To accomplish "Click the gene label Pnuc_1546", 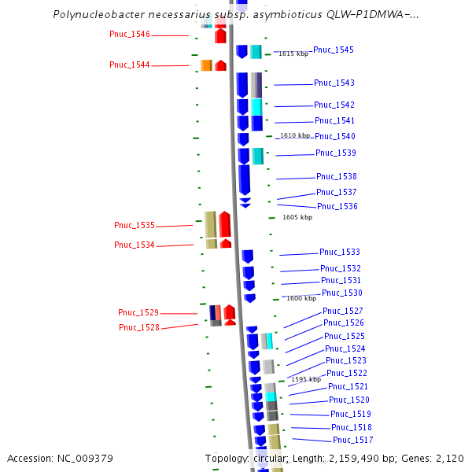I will [129, 35].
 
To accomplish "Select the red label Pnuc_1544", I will [129, 65].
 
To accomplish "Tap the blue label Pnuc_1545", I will [334, 50].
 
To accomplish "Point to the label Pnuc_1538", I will [337, 176].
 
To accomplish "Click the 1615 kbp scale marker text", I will [293, 53].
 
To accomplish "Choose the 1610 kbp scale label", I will [295, 135].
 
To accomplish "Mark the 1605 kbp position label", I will [297, 217].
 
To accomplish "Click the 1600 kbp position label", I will [301, 298].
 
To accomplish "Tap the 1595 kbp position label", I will [306, 379].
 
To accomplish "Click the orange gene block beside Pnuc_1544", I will [206, 65].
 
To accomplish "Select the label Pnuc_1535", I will [135, 225].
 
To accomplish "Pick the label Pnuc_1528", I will [139, 327].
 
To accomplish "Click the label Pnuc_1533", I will [340, 252].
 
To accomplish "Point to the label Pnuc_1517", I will [353, 440].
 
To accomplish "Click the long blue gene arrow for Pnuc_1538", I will [244, 179].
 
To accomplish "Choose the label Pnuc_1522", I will [347, 373].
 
